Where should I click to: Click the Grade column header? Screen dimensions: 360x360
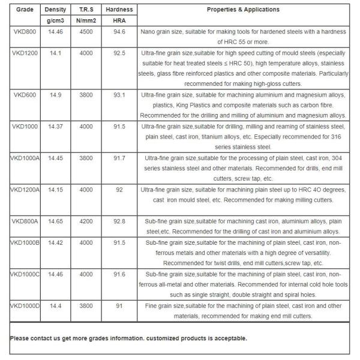tap(24, 10)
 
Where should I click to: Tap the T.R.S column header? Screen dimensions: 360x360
tap(86, 10)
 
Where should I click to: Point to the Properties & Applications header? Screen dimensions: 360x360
tap(243, 10)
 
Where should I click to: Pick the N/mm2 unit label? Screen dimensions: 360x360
tap(86, 20)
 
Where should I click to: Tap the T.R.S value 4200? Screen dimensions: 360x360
tap(86, 221)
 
